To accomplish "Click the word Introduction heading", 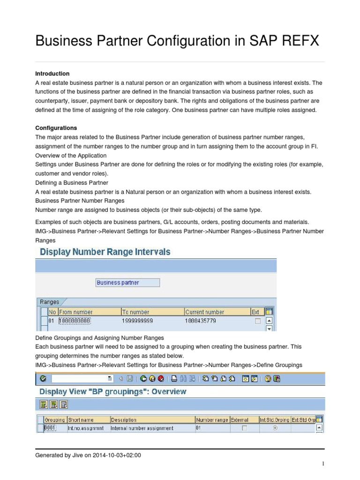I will pyautogui.click(x=52, y=74).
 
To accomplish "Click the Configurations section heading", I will pyautogui.click(x=56, y=128).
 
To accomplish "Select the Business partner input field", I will pyautogui.click(x=127, y=283).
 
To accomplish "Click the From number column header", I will pyautogui.click(x=76, y=312).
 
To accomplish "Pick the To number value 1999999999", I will pyautogui.click(x=138, y=321).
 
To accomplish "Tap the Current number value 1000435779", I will pyautogui.click(x=202, y=321).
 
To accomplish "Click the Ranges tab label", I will pyautogui.click(x=50, y=302).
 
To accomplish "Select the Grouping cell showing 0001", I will pyautogui.click(x=50, y=428).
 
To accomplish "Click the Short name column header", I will pyautogui.click(x=81, y=420).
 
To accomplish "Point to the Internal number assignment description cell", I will pyautogui.click(x=142, y=428).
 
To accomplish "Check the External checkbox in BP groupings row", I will pyautogui.click(x=244, y=428).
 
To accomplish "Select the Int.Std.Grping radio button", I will pyautogui.click(x=274, y=428).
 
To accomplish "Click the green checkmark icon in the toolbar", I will pyautogui.click(x=43, y=379).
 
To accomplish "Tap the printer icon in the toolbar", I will pyautogui.click(x=174, y=379).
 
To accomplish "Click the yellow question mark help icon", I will pyautogui.click(x=268, y=379).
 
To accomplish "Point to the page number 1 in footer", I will pyautogui.click(x=323, y=464).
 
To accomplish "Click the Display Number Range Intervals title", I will pyautogui.click(x=105, y=252).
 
